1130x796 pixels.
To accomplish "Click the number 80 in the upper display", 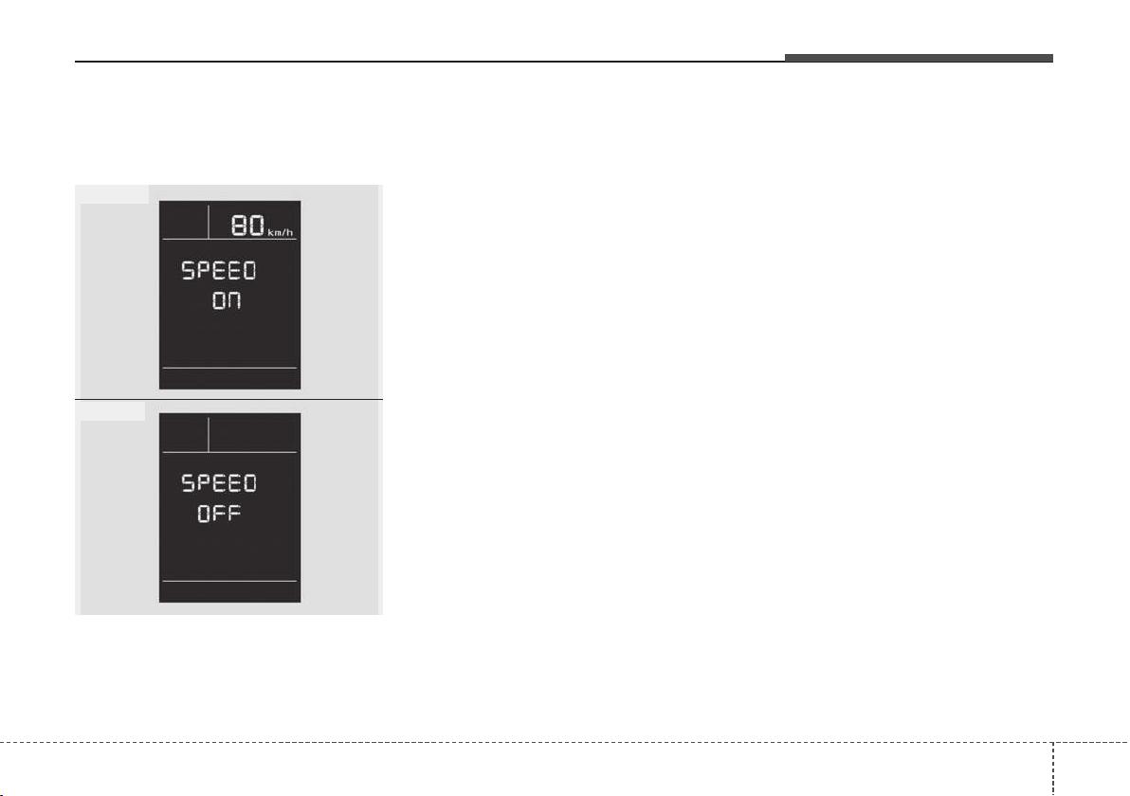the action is [247, 226].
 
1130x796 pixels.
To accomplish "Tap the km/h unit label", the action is [281, 232].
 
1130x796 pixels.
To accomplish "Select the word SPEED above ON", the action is [219, 271].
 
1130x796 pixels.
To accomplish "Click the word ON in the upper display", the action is [227, 301].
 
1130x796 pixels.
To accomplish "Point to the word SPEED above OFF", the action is [219, 482].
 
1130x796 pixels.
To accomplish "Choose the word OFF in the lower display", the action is [219, 514].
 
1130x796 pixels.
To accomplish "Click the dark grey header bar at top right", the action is [919, 59].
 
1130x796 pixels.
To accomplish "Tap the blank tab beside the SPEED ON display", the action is [113, 193].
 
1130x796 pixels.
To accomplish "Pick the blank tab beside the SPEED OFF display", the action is [111, 411].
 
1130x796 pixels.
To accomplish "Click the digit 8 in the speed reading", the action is [239, 226].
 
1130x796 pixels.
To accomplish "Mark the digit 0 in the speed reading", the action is [257, 226].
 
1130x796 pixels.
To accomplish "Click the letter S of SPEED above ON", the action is [188, 271].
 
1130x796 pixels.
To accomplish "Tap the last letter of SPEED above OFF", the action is [249, 482].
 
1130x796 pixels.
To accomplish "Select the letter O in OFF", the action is [204, 514].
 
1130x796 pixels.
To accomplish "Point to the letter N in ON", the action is [234, 301].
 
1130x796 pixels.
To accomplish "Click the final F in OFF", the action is [234, 514].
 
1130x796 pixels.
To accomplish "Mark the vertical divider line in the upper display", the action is [209, 221].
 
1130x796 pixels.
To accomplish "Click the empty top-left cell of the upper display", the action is [185, 221].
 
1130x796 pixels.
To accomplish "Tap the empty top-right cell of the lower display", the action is [253, 434].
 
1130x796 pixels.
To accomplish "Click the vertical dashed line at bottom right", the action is [1053, 769].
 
